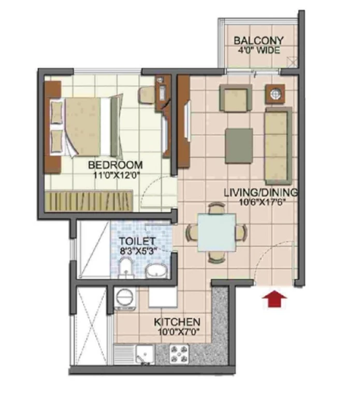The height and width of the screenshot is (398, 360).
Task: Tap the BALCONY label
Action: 258,40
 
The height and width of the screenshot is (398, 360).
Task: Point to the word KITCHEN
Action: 177,322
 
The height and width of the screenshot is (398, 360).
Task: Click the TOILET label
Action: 137,241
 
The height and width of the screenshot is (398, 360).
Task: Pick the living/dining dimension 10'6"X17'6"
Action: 262,202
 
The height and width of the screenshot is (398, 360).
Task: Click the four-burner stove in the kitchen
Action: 179,353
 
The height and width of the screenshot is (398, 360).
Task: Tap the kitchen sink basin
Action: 145,353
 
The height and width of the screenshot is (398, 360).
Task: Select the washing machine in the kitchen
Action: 125,298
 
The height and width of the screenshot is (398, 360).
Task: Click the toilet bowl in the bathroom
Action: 126,268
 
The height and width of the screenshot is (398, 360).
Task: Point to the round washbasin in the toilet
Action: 156,271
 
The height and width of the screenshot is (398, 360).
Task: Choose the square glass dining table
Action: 217,232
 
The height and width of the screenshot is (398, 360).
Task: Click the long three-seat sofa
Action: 278,146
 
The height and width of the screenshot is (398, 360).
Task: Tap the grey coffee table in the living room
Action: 239,146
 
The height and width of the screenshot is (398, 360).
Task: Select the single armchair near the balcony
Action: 236,98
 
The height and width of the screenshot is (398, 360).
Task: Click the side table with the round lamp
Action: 275,94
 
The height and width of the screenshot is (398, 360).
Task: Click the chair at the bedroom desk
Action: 146,95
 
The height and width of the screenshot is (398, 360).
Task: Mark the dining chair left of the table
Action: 192,232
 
